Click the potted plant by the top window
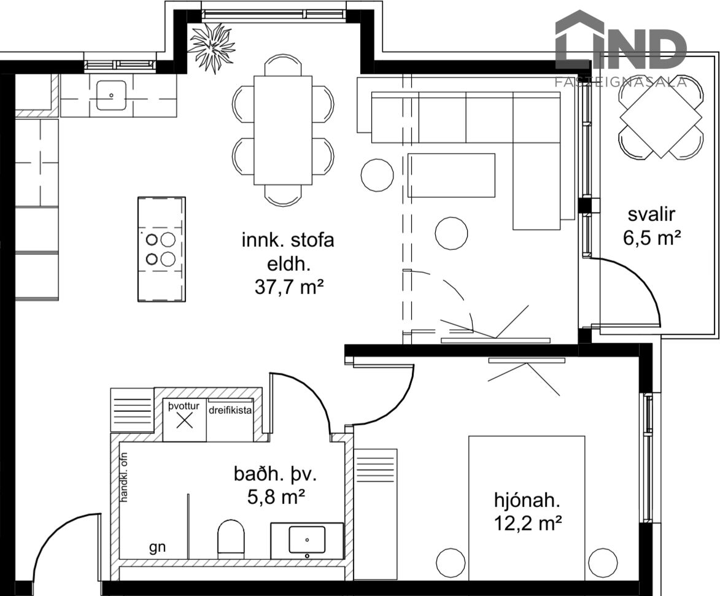[212, 46]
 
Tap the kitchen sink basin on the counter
[111, 95]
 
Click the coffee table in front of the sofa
[451, 176]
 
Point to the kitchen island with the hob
[161, 249]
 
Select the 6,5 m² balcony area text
[651, 238]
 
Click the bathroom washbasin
[307, 540]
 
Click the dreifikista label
[230, 411]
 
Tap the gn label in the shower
[157, 548]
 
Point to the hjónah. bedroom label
[527, 500]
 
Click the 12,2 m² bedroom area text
[528, 523]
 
